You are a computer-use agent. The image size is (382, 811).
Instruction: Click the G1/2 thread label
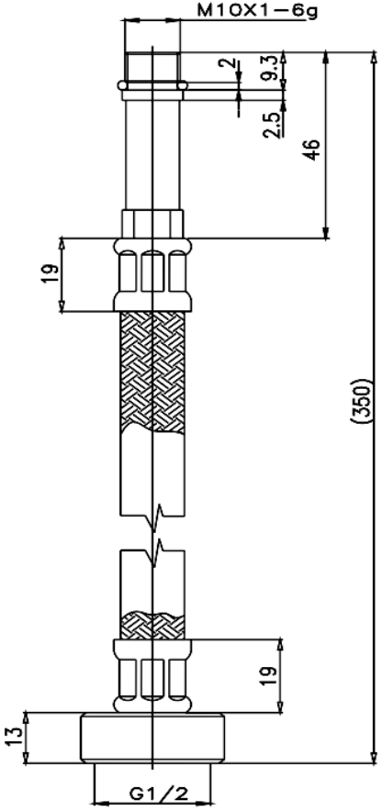pos(153,794)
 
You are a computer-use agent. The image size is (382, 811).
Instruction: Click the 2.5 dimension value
pos(271,124)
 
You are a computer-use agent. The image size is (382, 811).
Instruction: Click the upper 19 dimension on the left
pos(51,274)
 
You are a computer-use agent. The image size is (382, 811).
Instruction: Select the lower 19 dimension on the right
pos(268,677)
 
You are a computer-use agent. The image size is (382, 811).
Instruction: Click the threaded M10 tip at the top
pos(152,66)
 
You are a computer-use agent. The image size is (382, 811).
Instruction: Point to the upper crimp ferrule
pos(152,275)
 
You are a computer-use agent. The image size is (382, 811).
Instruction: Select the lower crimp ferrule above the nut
pos(152,675)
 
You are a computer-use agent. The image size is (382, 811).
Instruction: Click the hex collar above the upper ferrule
pos(152,224)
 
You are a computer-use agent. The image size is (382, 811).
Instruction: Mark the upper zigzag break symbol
pos(155,517)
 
